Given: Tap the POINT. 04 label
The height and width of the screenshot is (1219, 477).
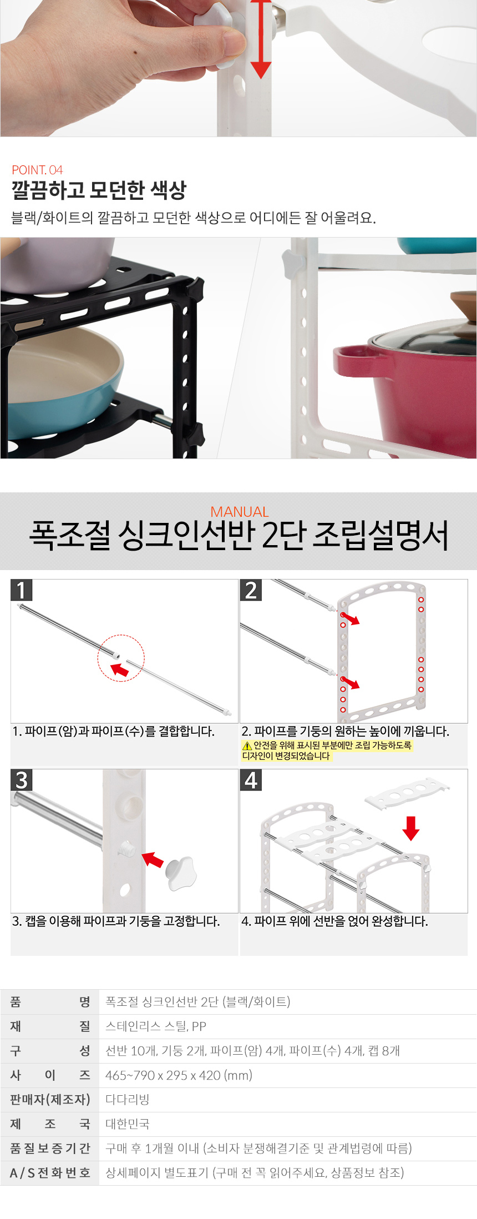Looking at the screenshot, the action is click(37, 170).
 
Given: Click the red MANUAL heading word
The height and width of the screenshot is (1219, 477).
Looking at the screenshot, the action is click(240, 512).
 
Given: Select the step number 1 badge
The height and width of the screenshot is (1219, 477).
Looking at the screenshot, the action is click(22, 590).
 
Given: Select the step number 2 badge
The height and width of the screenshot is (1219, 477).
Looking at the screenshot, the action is click(251, 590).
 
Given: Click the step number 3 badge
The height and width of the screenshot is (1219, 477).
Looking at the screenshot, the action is click(22, 780).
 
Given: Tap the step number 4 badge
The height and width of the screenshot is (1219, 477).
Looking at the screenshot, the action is click(251, 780).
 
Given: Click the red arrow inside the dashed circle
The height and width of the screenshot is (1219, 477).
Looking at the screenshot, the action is click(120, 671).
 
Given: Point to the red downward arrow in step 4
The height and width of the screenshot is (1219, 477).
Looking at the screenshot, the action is click(410, 828).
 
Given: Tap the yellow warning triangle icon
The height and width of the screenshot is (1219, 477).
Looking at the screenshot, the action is click(247, 746).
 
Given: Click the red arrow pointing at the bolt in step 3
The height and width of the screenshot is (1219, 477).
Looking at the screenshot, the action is click(153, 860).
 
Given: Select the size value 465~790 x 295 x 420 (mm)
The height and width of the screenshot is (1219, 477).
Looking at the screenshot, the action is click(179, 1075).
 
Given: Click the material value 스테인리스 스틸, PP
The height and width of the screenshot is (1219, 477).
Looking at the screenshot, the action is click(155, 1026).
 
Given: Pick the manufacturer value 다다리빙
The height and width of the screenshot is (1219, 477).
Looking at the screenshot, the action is click(128, 1100).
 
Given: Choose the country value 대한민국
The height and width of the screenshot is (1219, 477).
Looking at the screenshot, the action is click(128, 1124).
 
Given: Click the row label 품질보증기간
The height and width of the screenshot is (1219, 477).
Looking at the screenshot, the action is click(50, 1149).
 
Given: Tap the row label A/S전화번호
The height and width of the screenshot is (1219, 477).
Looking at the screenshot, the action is click(50, 1173).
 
